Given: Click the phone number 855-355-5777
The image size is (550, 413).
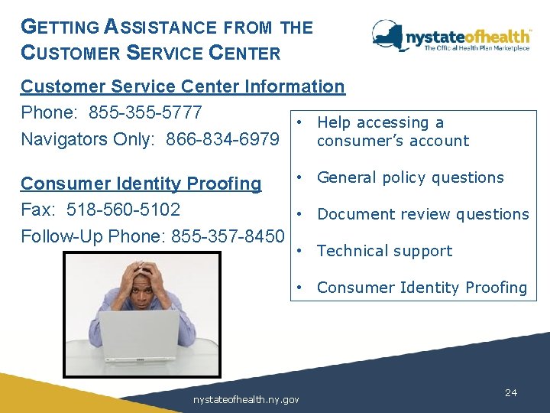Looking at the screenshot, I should coord(145,113).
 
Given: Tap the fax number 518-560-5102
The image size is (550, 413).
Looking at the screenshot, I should coord(124,210).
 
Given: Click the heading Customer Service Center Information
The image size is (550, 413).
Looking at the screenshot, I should coord(183,86).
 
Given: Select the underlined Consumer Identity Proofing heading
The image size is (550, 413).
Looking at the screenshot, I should coord(141,184).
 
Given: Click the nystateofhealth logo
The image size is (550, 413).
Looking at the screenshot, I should coord(451,37).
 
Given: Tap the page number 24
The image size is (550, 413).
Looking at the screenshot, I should coord(511,392).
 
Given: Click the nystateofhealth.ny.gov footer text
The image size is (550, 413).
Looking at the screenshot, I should coord(246,399).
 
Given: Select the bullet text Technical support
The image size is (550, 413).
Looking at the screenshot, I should coord(384,251).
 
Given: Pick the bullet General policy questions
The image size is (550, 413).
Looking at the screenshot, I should coord(410,177).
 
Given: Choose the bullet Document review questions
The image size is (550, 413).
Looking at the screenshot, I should coord(422,214).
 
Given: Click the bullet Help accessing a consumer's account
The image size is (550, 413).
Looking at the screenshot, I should coord(392,132).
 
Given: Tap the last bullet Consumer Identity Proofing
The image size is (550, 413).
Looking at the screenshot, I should coord(422,288).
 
